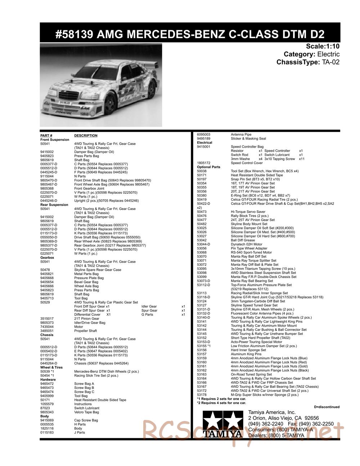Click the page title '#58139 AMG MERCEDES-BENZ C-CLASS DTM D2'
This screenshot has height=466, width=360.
pyautogui.click(x=190, y=34)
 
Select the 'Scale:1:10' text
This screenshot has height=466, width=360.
pyautogui.click(x=323, y=46)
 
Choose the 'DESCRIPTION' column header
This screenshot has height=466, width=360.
pyautogui.click(x=86, y=136)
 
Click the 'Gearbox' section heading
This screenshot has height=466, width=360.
pyautogui.click(x=47, y=257)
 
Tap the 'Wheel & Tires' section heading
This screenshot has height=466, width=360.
pyautogui.click(x=51, y=367)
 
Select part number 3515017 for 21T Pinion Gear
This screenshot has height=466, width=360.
pyautogui.click(x=47, y=319)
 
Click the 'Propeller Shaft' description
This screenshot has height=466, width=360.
pyautogui.click(x=85, y=331)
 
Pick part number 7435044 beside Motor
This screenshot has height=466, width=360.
pyautogui.click(x=47, y=327)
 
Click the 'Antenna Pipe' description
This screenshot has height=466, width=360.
pyautogui.click(x=241, y=134)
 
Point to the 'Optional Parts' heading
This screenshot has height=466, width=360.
pyautogui.click(x=208, y=167)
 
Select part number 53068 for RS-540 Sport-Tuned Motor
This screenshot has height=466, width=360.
pyautogui.click(x=202, y=252)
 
